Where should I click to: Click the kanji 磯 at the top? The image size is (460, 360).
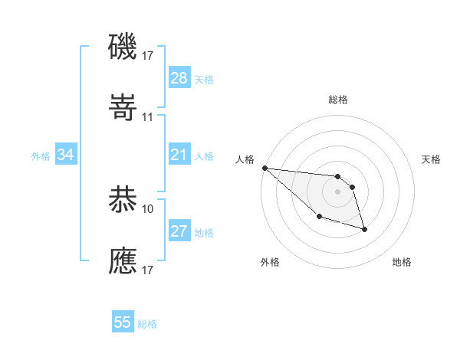tap(123, 47)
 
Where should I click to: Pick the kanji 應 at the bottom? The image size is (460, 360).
tap(123, 261)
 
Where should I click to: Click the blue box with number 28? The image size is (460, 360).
tap(179, 78)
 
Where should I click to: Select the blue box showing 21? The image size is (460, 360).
tap(179, 155)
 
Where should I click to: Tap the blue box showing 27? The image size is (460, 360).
tap(179, 231)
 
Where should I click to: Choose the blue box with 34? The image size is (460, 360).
tap(66, 155)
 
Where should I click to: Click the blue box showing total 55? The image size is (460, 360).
tap(123, 322)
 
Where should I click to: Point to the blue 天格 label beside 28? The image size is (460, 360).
tap(204, 79)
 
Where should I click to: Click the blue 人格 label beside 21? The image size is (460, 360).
tap(204, 155)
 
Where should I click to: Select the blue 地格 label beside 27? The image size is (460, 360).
tap(204, 232)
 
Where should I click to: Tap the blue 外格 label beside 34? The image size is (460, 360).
tap(41, 155)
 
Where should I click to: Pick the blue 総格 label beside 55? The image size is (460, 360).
tap(147, 323)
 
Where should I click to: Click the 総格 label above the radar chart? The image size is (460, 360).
tap(338, 100)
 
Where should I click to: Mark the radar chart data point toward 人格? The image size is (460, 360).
tap(264, 168)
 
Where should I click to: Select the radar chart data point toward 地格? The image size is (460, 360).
tap(364, 228)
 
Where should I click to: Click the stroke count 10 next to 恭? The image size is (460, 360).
tap(148, 208)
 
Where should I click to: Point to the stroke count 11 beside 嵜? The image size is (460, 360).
tap(148, 116)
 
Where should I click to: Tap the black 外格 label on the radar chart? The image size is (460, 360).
tap(270, 262)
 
